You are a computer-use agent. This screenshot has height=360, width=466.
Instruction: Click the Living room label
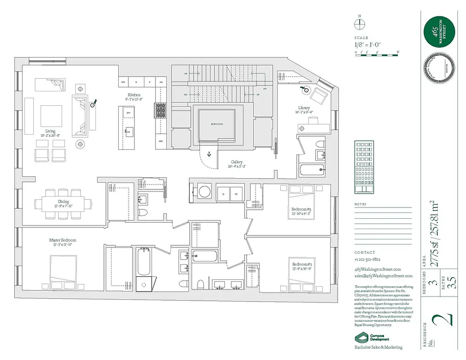[50, 131]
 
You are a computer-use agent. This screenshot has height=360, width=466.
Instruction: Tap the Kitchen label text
[134, 95]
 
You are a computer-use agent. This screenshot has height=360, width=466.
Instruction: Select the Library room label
[304, 108]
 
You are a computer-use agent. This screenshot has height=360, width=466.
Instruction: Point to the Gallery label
[237, 162]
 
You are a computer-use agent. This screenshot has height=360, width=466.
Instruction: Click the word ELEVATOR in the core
[217, 124]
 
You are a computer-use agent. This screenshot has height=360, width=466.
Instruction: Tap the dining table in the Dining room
[63, 202]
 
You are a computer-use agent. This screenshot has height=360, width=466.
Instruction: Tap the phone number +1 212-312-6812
[367, 260]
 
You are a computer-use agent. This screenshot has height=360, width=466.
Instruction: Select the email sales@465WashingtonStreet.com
[383, 276]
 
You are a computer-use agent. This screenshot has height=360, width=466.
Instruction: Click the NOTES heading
[360, 204]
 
